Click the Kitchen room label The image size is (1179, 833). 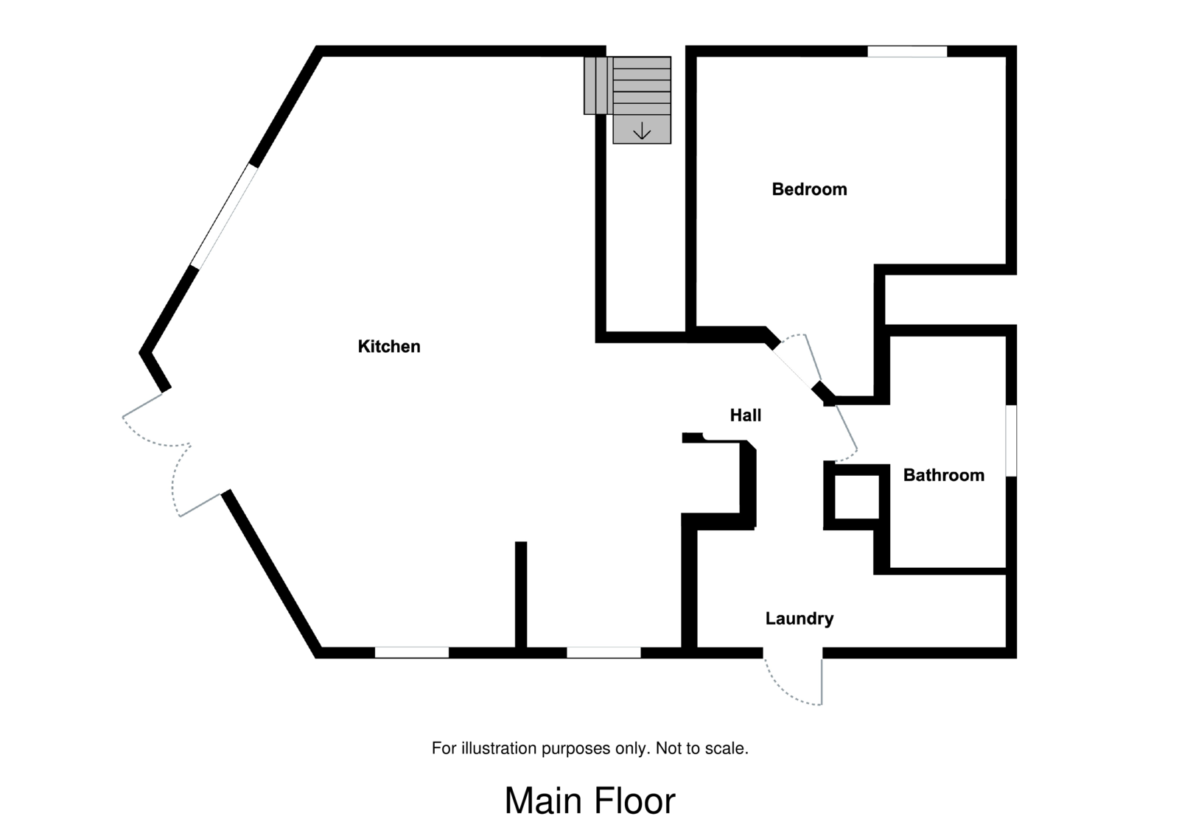click(389, 346)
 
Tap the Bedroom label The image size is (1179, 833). click(809, 189)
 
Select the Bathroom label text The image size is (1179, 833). click(944, 475)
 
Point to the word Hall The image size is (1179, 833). click(746, 415)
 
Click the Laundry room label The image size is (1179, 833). click(800, 619)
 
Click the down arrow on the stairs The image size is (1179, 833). click(642, 131)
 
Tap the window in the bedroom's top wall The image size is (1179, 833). click(906, 51)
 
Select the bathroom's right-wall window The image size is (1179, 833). click(1011, 440)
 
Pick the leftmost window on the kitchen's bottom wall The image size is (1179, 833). click(412, 653)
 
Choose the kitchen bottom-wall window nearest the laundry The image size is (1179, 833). click(604, 653)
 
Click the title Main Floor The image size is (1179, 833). click(589, 801)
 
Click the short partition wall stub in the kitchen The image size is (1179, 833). click(521, 595)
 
